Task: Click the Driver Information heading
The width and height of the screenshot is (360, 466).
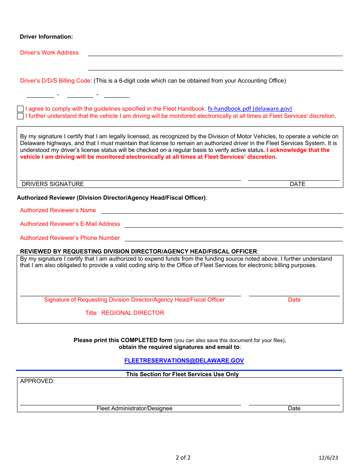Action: point(46,37)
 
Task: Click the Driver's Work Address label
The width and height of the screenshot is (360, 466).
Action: point(49,53)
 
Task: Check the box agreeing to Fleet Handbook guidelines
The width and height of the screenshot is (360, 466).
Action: point(20,109)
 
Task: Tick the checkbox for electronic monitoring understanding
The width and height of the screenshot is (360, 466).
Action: point(20,116)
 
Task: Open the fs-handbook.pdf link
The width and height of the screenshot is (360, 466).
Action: point(250,109)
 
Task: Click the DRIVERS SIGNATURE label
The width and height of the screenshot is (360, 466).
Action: point(53,184)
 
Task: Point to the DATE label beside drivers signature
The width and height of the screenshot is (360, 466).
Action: point(297,184)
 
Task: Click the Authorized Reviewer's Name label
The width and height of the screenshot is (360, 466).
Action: point(58,210)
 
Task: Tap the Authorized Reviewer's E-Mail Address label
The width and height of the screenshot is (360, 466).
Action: point(70,224)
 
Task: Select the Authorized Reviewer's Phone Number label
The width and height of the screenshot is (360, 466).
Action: point(70,238)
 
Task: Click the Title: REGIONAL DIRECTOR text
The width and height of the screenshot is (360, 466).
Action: point(125,313)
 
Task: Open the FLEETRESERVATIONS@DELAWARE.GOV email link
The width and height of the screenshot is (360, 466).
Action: point(184,361)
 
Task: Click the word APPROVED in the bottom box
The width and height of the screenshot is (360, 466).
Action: point(37,381)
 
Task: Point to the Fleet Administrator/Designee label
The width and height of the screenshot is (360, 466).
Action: point(135,408)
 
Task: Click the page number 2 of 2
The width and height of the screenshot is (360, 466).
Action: point(183,458)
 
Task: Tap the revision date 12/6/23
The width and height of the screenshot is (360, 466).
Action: point(328,458)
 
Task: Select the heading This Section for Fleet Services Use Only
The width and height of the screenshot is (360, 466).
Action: point(182,374)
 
